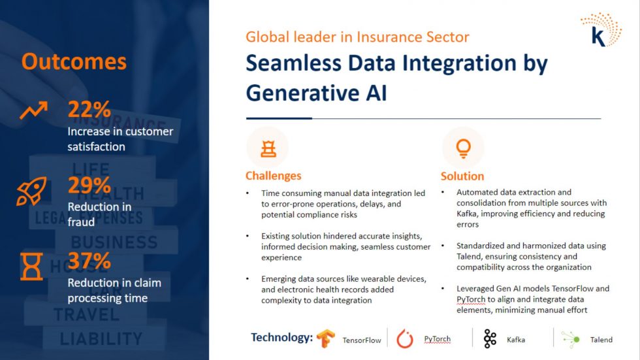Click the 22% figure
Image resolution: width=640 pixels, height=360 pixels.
click(x=89, y=109)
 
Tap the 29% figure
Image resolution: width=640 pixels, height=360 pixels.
click(x=89, y=185)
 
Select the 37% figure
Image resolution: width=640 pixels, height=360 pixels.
click(x=89, y=261)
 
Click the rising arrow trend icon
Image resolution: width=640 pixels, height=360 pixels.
click(x=33, y=110)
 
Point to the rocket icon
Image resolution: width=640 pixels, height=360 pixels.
click(x=31, y=191)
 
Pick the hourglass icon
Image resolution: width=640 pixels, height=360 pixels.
click(x=31, y=267)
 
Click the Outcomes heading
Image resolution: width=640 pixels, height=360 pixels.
click(x=74, y=61)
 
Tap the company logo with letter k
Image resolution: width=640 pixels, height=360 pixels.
click(x=600, y=30)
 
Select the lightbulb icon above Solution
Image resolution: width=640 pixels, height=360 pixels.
click(x=463, y=148)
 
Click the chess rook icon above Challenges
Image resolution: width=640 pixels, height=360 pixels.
click(x=268, y=149)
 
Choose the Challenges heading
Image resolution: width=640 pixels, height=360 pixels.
click(x=273, y=176)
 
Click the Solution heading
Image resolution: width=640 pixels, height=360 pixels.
click(x=462, y=176)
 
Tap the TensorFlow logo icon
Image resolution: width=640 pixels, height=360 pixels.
click(x=326, y=338)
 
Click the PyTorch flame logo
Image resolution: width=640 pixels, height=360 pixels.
click(x=405, y=339)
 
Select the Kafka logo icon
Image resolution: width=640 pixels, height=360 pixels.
click(x=490, y=339)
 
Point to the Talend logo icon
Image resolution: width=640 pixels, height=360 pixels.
click(x=571, y=339)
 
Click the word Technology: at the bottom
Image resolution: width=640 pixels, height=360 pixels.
click(x=281, y=338)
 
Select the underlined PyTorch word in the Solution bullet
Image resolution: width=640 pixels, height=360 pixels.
click(x=471, y=300)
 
